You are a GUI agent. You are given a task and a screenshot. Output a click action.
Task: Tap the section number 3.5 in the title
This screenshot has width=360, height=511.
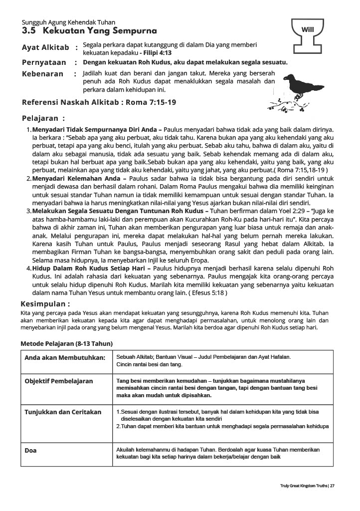coord(29,31)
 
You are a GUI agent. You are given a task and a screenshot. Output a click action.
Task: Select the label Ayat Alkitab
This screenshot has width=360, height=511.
coord(45,48)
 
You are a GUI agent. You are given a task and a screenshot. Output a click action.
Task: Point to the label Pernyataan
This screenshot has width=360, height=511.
coord(44,63)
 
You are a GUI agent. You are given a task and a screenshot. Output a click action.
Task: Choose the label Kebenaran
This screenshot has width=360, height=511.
coord(43,74)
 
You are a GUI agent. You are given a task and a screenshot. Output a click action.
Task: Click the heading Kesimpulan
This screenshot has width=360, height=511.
coord(45,303)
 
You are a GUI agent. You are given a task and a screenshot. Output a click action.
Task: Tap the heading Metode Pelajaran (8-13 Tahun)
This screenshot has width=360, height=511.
coord(66,344)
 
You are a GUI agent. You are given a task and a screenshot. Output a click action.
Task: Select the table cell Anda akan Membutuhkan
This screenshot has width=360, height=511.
coord(65,358)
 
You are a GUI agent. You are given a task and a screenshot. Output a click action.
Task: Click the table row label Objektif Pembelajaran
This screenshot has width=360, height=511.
coord(59,381)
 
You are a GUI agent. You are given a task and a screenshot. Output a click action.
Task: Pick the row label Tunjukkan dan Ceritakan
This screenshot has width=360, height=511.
coord(63,412)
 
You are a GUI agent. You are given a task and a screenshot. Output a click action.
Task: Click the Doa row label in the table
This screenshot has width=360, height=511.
coord(31,450)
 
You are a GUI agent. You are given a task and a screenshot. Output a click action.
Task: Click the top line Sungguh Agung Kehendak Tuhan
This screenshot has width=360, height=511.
coord(68,22)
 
